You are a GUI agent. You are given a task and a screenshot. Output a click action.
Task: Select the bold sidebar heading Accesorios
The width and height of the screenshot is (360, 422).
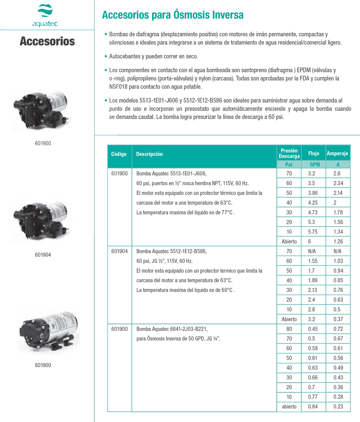[x=47, y=41]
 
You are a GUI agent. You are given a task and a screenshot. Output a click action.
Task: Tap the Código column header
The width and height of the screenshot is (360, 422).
[x=119, y=154]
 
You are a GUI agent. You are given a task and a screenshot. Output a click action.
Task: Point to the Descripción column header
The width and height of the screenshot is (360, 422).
[x=149, y=154]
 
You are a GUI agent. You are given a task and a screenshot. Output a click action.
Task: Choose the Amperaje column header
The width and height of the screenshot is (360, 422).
[x=337, y=153]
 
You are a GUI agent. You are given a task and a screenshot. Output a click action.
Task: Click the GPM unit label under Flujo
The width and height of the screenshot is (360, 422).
[x=315, y=165]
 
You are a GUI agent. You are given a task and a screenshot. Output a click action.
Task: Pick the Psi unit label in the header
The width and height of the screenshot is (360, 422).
[x=289, y=165]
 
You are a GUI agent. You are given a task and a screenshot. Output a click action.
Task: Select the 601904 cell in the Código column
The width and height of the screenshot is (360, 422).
[x=119, y=251]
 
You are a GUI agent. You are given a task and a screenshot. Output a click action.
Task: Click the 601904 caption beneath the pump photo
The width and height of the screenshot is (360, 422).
[x=43, y=255]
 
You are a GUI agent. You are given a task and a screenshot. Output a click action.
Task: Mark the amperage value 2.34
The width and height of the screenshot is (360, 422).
[x=338, y=183]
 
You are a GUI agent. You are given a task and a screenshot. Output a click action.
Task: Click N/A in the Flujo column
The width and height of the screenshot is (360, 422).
[x=312, y=251]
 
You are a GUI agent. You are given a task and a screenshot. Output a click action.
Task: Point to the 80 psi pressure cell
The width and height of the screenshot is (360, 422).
[x=289, y=329]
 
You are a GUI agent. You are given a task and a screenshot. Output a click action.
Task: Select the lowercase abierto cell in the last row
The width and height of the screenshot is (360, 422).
[x=289, y=407]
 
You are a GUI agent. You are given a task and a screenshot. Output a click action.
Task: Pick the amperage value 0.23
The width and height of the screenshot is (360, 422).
[x=338, y=407]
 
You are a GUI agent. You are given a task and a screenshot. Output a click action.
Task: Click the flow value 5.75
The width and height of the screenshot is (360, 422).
[x=313, y=232]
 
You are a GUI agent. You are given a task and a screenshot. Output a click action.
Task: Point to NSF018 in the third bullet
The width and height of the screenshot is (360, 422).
[x=118, y=87]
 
